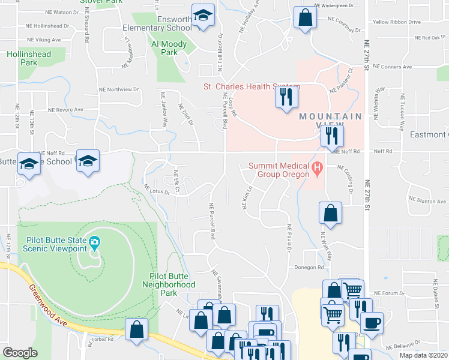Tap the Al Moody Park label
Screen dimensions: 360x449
(164, 48)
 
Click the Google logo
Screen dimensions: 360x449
(20, 353)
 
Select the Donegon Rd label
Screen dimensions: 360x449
(309, 268)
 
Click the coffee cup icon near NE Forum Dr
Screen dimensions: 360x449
(372, 322)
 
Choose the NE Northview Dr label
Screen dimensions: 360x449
(119, 89)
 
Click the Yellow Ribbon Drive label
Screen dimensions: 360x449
(396, 22)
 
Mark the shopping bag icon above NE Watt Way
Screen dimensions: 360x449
(330, 212)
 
